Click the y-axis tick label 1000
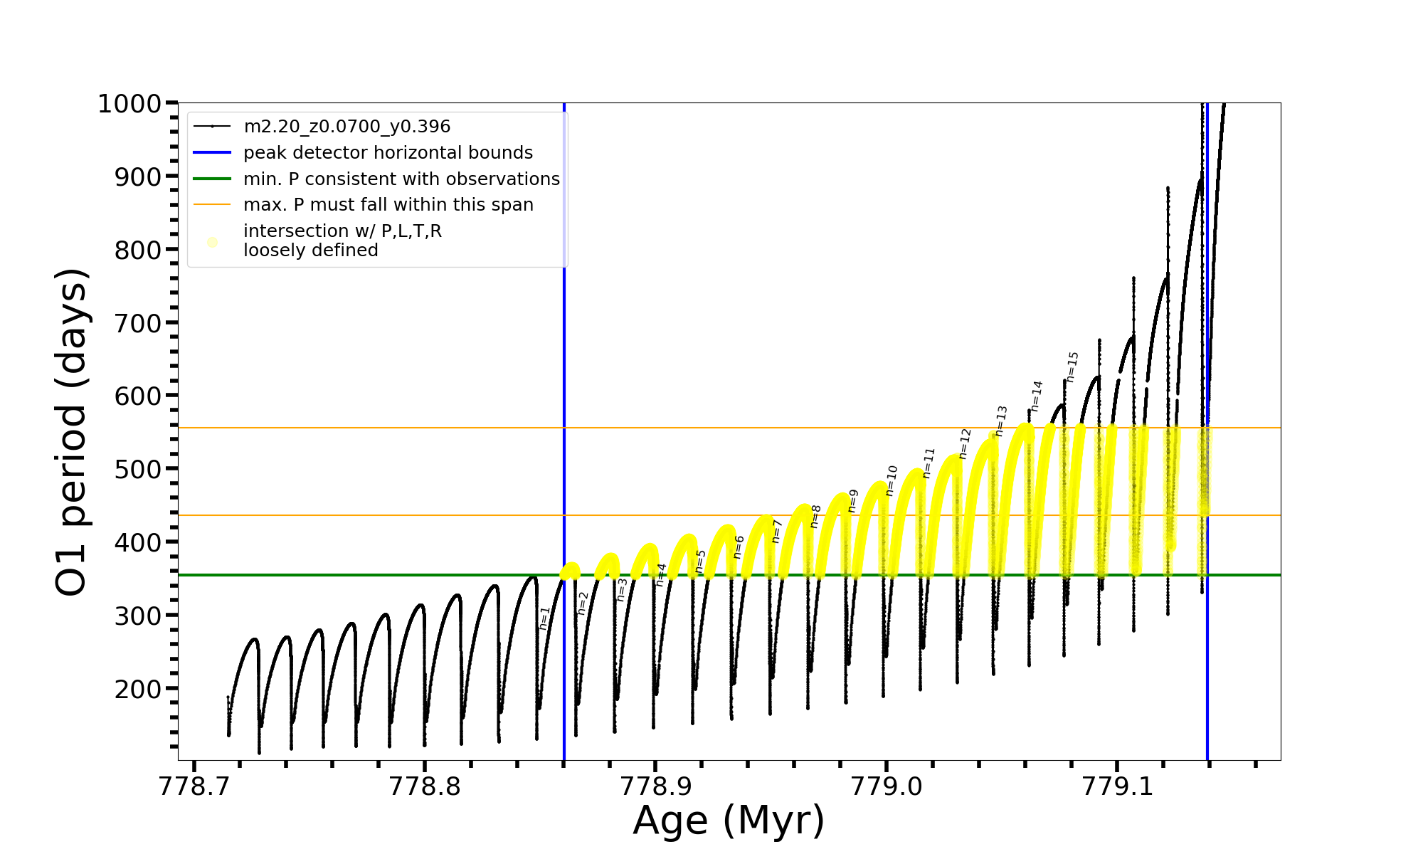pyautogui.click(x=129, y=104)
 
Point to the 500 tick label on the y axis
pyautogui.click(x=138, y=469)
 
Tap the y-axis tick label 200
pyautogui.click(x=138, y=689)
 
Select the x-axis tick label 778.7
pyautogui.click(x=194, y=786)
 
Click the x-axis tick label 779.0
pyautogui.click(x=887, y=786)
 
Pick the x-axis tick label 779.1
pyautogui.click(x=1117, y=786)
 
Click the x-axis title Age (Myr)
pyautogui.click(x=729, y=821)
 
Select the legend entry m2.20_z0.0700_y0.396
pyautogui.click(x=347, y=127)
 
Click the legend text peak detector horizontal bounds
pyautogui.click(x=388, y=153)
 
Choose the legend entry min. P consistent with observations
pyautogui.click(x=401, y=179)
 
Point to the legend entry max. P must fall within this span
pyautogui.click(x=388, y=205)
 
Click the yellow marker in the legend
pyautogui.click(x=212, y=242)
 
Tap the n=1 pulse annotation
pyautogui.click(x=544, y=618)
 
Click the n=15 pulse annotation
pyautogui.click(x=1072, y=367)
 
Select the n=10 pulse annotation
pyautogui.click(x=892, y=480)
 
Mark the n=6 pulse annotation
pyautogui.click(x=739, y=547)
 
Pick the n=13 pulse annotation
pyautogui.click(x=1001, y=421)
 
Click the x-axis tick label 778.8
pyautogui.click(x=425, y=786)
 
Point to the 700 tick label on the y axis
pyautogui.click(x=138, y=323)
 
